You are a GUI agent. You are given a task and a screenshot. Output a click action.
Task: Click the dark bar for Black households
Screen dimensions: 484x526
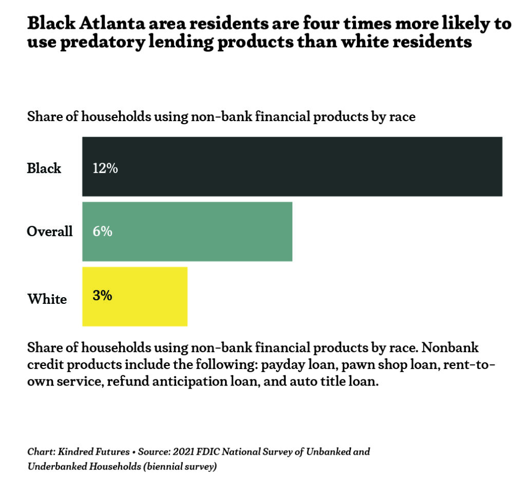tap(292, 166)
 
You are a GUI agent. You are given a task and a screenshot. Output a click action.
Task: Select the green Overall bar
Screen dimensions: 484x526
tap(187, 231)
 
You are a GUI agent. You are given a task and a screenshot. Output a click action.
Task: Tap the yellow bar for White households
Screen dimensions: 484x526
tap(135, 296)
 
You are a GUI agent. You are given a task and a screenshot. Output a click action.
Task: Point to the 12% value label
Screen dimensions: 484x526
tap(105, 168)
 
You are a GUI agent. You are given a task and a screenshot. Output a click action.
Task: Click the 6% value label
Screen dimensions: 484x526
tap(102, 231)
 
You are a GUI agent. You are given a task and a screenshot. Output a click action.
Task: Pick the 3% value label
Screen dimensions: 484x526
tap(102, 296)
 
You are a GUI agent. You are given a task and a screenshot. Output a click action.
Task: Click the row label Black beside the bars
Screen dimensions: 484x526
tap(44, 168)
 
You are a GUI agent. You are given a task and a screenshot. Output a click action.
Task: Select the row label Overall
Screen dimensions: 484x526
tap(50, 231)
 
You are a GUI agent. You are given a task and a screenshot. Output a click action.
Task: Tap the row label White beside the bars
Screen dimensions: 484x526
tap(47, 299)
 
